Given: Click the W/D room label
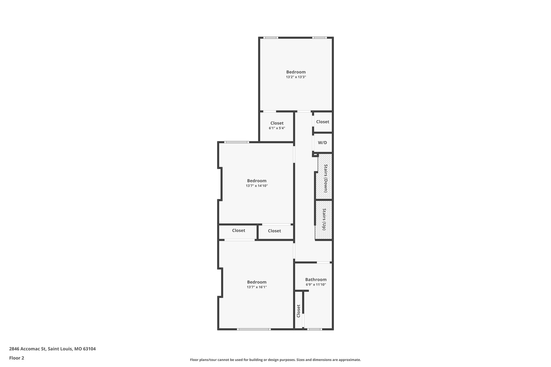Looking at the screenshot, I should coord(322,143).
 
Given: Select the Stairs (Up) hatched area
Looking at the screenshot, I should coord(324,219).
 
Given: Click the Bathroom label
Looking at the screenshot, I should coord(316,280).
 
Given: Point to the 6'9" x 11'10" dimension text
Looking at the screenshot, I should coord(316,285).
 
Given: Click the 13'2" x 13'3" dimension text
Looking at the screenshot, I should coord(296,77).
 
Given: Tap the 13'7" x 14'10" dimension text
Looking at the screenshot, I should coord(257,186).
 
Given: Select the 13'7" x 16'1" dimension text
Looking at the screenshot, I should coord(257,287).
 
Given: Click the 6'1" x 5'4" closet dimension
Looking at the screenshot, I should coord(277,128).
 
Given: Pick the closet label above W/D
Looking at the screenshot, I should coord(322,122).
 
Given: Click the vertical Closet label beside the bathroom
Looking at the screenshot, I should coord(298,311).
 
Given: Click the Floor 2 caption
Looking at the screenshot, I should coord(17,358).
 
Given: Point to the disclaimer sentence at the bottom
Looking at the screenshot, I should coord(275,360).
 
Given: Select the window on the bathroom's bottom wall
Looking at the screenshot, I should coord(314,329).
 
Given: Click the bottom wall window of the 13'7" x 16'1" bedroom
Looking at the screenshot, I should coord(254,329).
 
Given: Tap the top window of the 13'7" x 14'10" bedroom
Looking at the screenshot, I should coord(236,142).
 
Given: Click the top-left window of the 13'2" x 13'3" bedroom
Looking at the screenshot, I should coord(270,38).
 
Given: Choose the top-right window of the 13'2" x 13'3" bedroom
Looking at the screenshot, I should coord(319,38).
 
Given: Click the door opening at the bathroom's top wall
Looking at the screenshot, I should coord(323,262).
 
